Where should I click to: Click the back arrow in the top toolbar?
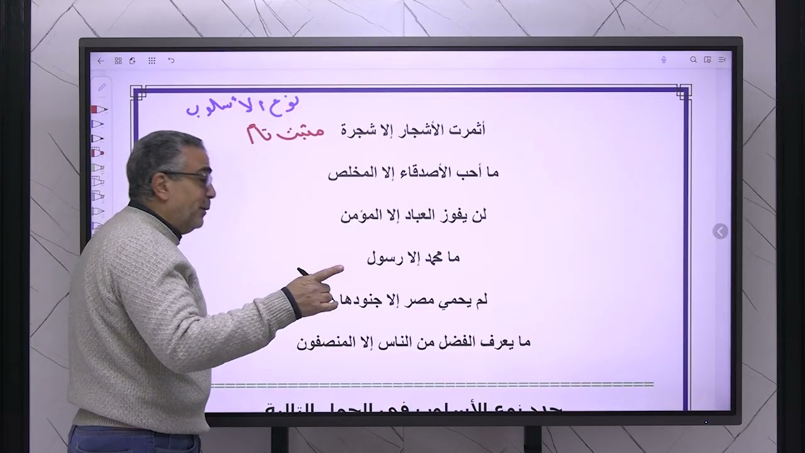click(x=101, y=60)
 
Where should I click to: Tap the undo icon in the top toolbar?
click(x=171, y=60)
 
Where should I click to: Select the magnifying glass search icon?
click(x=693, y=60)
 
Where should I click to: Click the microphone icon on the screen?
click(x=663, y=60)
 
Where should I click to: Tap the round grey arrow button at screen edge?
click(x=720, y=232)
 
